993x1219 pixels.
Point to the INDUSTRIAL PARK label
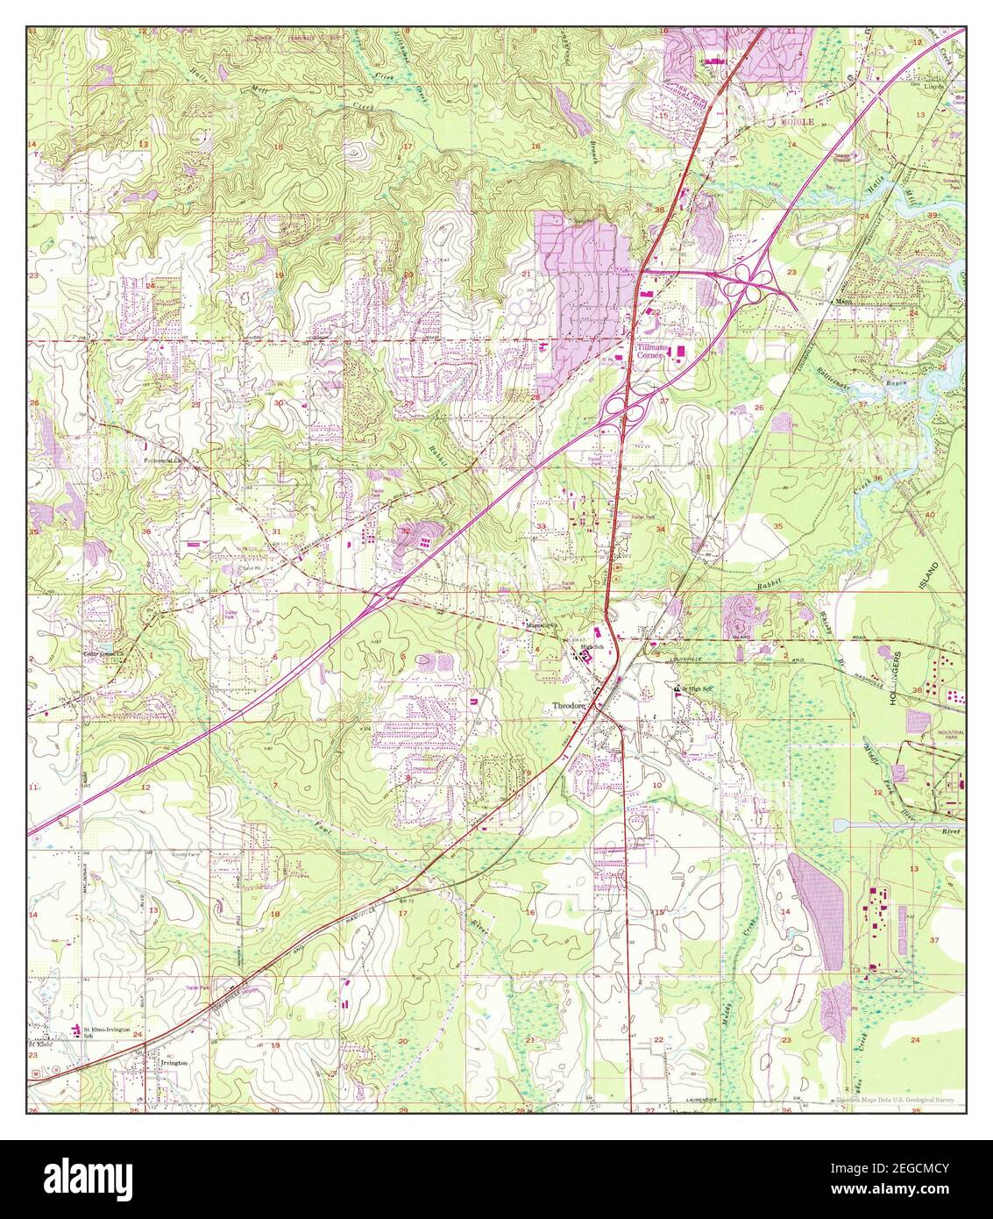(x=951, y=735)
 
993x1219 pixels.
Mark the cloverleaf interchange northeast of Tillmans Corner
(x=753, y=279)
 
